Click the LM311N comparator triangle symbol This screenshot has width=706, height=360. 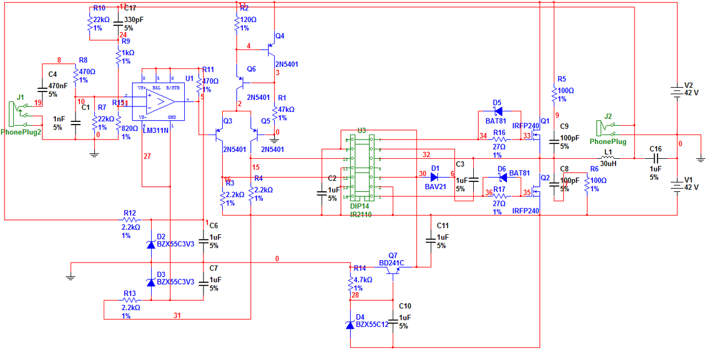click(x=161, y=102)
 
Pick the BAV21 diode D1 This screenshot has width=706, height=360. click(x=435, y=177)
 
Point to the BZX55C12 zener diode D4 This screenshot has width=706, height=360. click(x=350, y=325)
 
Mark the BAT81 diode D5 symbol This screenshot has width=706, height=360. click(x=498, y=111)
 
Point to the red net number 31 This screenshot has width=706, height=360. click(x=177, y=316)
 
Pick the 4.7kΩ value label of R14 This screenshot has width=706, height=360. click(x=363, y=280)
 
